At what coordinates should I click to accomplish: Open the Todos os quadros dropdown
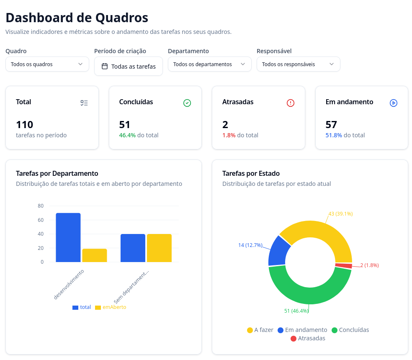point(47,64)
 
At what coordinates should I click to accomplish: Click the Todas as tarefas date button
point(129,66)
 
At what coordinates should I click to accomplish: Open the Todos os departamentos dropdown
point(209,64)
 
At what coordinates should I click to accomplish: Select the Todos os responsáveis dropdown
point(298,64)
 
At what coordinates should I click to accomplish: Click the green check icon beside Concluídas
point(187,103)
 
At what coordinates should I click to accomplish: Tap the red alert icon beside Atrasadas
point(291,103)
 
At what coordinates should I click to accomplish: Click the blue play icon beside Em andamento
point(394,103)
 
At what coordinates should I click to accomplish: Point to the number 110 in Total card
point(25,125)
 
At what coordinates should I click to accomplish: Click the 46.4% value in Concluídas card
point(127,135)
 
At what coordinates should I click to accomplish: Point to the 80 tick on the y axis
point(41,206)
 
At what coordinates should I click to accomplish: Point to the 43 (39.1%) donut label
point(340,213)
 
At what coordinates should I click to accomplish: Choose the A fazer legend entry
point(260,330)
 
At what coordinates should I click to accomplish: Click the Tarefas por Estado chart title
point(251,173)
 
